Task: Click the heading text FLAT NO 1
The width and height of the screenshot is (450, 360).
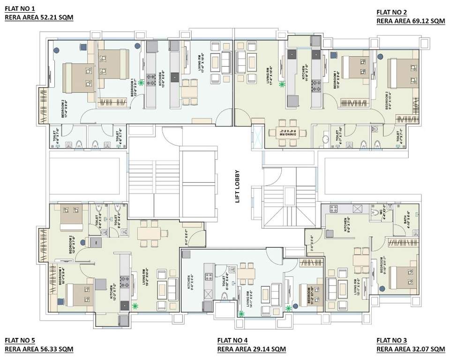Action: (x=20, y=9)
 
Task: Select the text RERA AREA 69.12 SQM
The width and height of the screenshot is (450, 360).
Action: (x=411, y=21)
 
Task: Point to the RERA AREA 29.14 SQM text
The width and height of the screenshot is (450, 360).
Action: (x=251, y=349)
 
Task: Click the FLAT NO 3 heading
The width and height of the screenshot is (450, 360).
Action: (x=392, y=340)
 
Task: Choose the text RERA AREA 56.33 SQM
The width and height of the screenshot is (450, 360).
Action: (x=39, y=349)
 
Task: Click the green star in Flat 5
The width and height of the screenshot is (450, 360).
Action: (x=135, y=306)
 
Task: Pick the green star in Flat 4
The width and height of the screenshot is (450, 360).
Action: (x=242, y=314)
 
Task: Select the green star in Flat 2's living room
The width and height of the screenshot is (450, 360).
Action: (x=282, y=85)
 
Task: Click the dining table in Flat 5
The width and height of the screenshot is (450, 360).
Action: (x=150, y=233)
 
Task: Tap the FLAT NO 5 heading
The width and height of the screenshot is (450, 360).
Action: (x=20, y=340)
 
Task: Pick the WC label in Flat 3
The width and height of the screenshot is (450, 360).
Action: (x=383, y=210)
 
